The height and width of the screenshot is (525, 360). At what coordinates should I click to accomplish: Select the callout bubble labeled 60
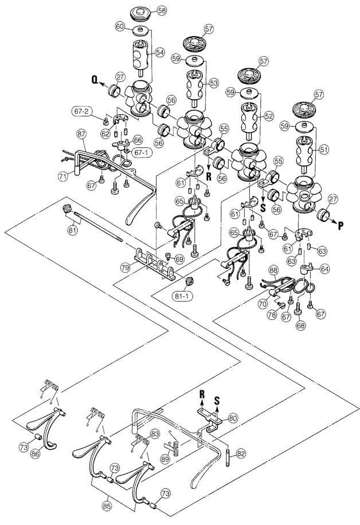120,26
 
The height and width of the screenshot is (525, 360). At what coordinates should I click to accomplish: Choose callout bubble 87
81,134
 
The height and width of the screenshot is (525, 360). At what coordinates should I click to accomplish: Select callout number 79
124,267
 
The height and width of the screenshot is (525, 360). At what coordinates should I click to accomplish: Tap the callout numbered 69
179,260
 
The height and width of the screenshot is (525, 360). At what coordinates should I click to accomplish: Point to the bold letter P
341,225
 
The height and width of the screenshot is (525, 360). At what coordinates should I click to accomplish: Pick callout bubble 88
273,269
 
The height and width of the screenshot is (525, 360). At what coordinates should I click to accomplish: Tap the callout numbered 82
241,453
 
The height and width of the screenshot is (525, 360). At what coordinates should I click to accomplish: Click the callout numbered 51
324,149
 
